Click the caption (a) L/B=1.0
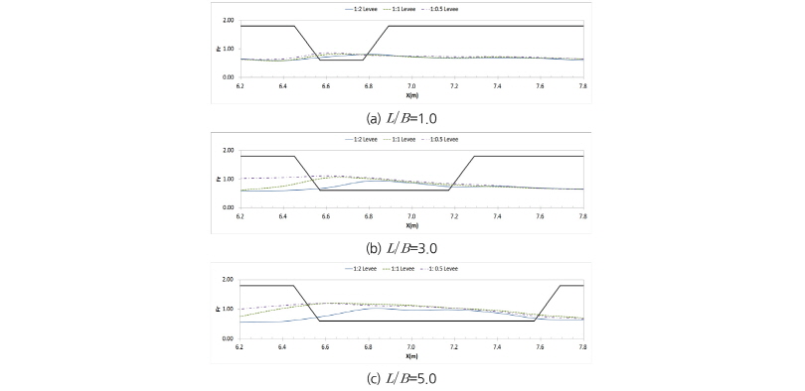click(402, 116)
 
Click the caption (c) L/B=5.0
click(402, 377)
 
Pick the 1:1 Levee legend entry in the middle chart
click(403, 140)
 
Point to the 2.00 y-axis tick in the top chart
click(229, 20)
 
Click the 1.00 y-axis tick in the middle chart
click(229, 179)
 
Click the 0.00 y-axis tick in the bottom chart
click(229, 338)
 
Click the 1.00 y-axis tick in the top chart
click(229, 49)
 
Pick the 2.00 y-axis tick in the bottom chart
click(229, 280)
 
